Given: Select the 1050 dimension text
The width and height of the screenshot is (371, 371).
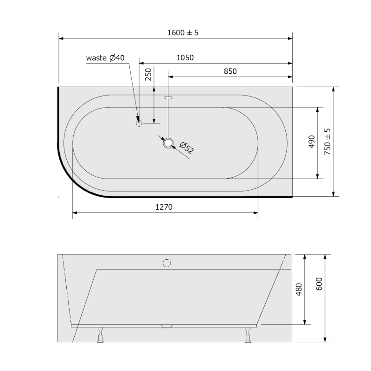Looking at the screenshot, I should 185,58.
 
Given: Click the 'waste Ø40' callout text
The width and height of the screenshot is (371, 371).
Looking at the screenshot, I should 105,58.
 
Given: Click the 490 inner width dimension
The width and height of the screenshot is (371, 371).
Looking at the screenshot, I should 311,142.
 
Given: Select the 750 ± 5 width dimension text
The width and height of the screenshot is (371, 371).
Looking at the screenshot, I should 328,141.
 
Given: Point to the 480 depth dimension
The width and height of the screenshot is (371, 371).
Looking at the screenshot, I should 299,289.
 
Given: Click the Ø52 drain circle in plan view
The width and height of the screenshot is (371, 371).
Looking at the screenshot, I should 168,143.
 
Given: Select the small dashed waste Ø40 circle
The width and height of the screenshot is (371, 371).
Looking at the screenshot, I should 138,123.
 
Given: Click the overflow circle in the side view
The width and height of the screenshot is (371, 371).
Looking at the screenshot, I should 167,263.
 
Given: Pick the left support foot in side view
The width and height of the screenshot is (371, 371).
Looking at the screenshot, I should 100,335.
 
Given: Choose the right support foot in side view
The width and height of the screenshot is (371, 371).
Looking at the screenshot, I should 248,335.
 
